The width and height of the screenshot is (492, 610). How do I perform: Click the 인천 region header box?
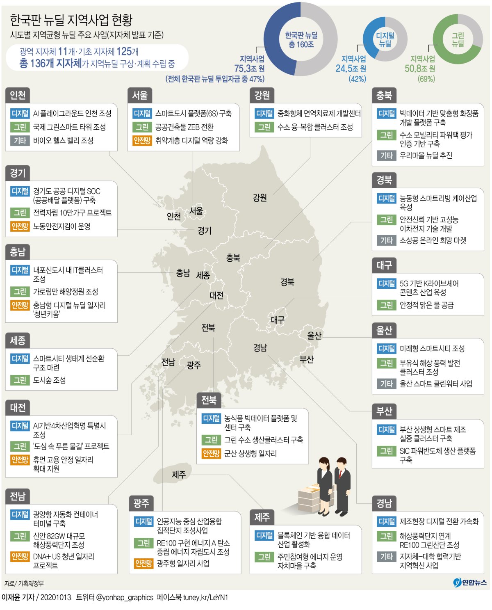pyautogui.click(x=18, y=95)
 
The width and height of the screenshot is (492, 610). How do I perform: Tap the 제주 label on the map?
pyautogui.click(x=179, y=475)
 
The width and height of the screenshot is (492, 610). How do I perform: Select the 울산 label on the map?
pyautogui.click(x=314, y=336)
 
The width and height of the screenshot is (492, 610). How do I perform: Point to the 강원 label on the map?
pyautogui.click(x=260, y=198)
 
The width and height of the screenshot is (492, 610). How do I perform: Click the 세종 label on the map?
pyautogui.click(x=203, y=275)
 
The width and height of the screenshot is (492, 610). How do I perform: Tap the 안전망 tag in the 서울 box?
pyautogui.click(x=142, y=141)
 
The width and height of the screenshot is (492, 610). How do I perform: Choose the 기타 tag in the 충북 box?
pyautogui.click(x=386, y=155)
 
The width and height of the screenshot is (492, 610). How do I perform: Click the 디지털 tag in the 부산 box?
pyautogui.click(x=386, y=430)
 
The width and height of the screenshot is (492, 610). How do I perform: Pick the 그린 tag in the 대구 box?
pyautogui.click(x=386, y=305)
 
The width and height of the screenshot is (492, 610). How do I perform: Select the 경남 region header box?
pyautogui.click(x=384, y=503)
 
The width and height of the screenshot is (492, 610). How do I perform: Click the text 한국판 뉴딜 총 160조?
pyautogui.click(x=301, y=40)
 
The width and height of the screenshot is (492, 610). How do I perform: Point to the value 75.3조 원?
pyautogui.click(x=249, y=69)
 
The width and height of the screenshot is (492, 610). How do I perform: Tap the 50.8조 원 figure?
pyautogui.click(x=420, y=69)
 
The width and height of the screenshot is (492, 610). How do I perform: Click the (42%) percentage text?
pyautogui.click(x=357, y=79)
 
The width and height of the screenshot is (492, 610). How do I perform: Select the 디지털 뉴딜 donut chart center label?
pyautogui.click(x=385, y=39)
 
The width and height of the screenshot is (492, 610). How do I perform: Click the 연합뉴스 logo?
pyautogui.click(x=470, y=582)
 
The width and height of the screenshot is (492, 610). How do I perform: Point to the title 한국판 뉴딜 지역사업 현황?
pyautogui.click(x=71, y=20)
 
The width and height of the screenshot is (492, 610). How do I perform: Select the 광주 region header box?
pyautogui.click(x=141, y=503)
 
